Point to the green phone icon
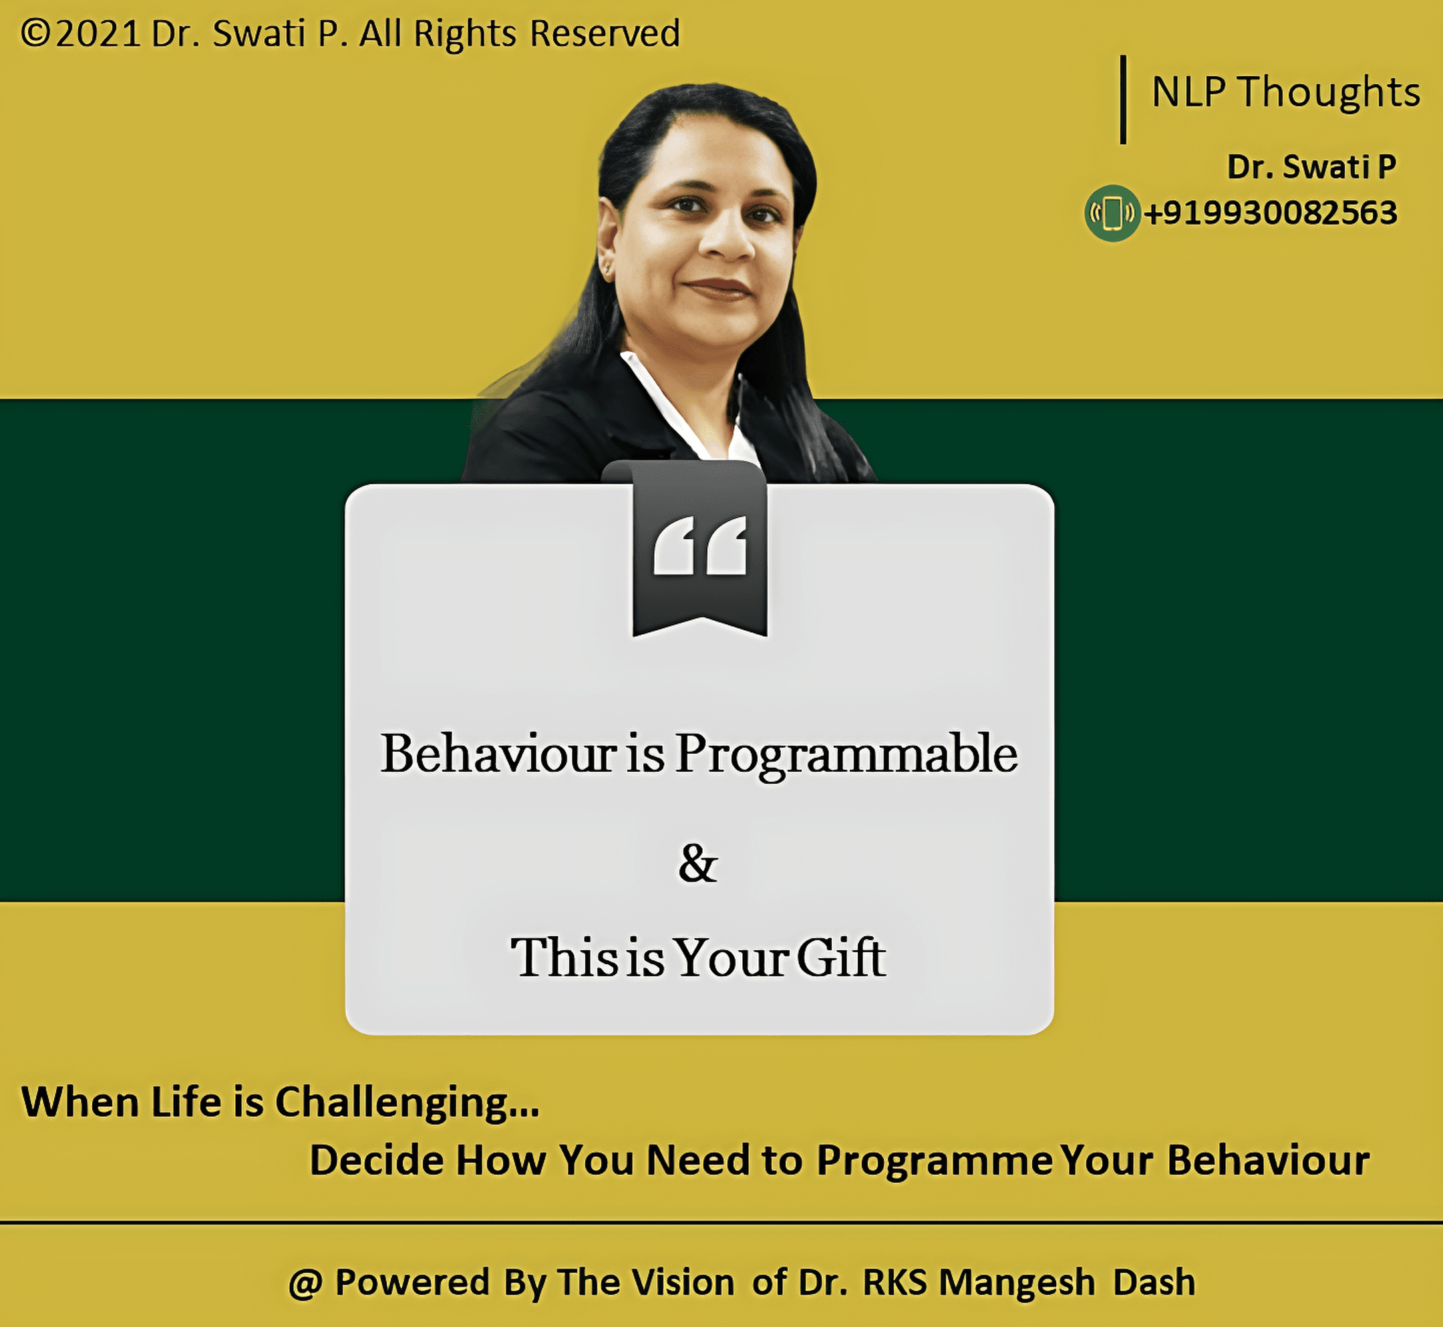(1112, 213)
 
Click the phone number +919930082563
(1271, 213)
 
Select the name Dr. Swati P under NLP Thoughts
(1311, 166)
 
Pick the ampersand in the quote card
(698, 863)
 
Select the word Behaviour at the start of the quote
(498, 754)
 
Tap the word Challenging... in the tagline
(406, 1102)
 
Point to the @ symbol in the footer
(305, 1282)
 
